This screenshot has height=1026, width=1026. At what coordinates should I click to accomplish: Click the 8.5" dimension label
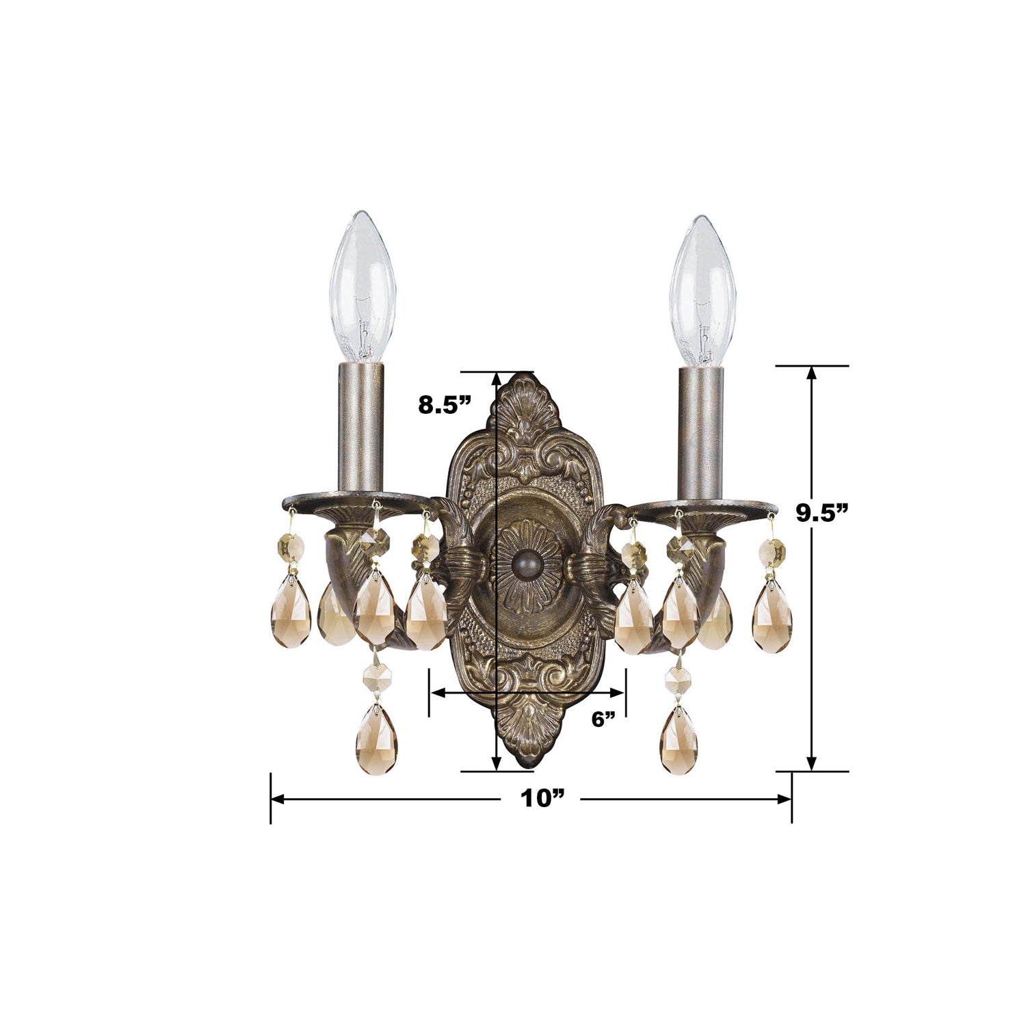click(x=445, y=405)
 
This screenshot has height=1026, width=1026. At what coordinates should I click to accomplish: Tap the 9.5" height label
click(x=826, y=512)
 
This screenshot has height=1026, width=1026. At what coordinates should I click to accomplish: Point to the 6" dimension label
click(x=604, y=719)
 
